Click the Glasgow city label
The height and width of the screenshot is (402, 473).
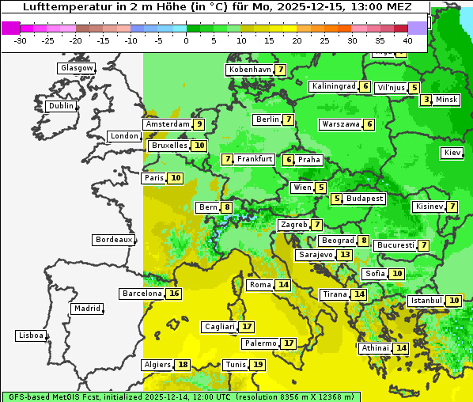click(x=76, y=68)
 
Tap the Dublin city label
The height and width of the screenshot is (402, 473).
click(x=61, y=106)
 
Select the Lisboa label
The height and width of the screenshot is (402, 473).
click(x=31, y=336)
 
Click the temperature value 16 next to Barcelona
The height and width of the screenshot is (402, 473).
click(x=174, y=294)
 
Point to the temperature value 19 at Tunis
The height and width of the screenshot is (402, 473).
click(x=257, y=365)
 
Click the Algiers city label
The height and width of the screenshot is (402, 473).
click(x=157, y=365)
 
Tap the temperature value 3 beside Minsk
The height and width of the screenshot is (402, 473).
click(x=426, y=100)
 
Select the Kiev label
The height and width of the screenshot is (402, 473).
click(x=452, y=153)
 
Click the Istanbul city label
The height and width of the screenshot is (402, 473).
click(x=426, y=301)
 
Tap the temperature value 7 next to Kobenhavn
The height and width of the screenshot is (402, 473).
click(x=280, y=70)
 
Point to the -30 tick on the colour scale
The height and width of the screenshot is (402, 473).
click(x=21, y=40)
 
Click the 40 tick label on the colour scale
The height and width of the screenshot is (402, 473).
click(x=407, y=40)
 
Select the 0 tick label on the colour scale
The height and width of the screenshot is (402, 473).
click(x=187, y=40)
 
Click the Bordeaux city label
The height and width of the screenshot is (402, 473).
click(x=113, y=240)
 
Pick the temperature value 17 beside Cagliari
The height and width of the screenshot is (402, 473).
click(x=247, y=327)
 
